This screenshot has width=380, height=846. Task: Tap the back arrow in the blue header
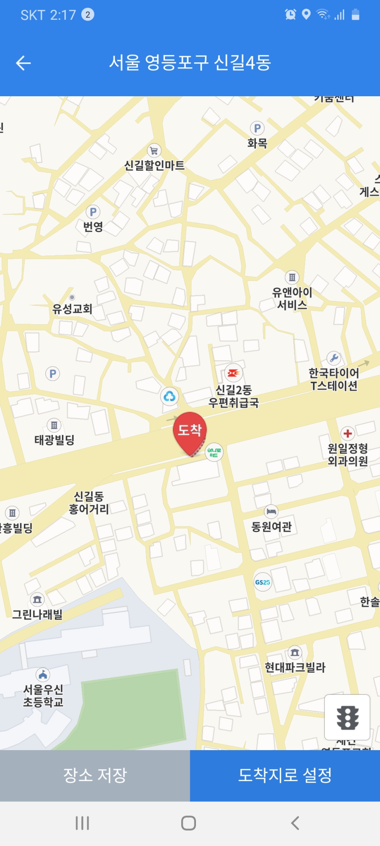[x=24, y=63]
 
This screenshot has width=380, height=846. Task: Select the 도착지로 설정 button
[x=285, y=775]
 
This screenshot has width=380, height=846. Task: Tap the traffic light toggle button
[x=347, y=717]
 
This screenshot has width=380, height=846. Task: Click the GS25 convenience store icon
[x=262, y=582]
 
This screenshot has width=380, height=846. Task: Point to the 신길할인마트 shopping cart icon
[x=154, y=151]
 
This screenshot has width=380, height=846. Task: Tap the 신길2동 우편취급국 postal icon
[x=234, y=373]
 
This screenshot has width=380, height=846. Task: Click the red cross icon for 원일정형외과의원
[x=348, y=433]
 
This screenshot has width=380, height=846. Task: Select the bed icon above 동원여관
[x=271, y=511]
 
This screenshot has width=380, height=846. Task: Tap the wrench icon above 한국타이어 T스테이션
[x=334, y=358]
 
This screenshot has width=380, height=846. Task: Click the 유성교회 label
[x=72, y=309]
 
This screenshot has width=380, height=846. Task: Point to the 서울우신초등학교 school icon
[x=43, y=675]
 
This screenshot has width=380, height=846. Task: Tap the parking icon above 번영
[x=93, y=212]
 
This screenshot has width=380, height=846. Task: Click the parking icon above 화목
[x=257, y=128]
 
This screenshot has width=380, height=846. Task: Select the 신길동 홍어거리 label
[x=89, y=502]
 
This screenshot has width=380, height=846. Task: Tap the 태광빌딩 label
[x=54, y=440]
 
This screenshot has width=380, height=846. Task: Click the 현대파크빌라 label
[x=295, y=667]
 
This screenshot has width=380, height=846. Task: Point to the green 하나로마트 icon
[x=214, y=452]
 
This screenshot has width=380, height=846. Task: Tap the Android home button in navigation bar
[x=189, y=823]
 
